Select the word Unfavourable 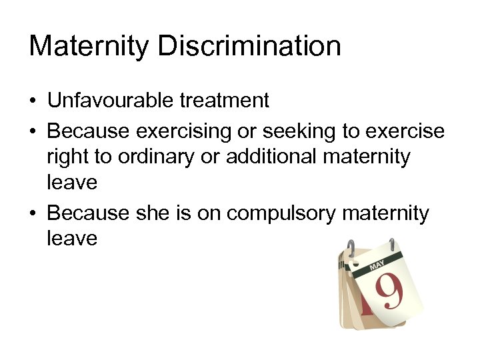111,101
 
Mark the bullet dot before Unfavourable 33,101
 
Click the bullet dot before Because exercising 33,132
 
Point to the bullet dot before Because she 33,213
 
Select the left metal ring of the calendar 350,249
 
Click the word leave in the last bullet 72,238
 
